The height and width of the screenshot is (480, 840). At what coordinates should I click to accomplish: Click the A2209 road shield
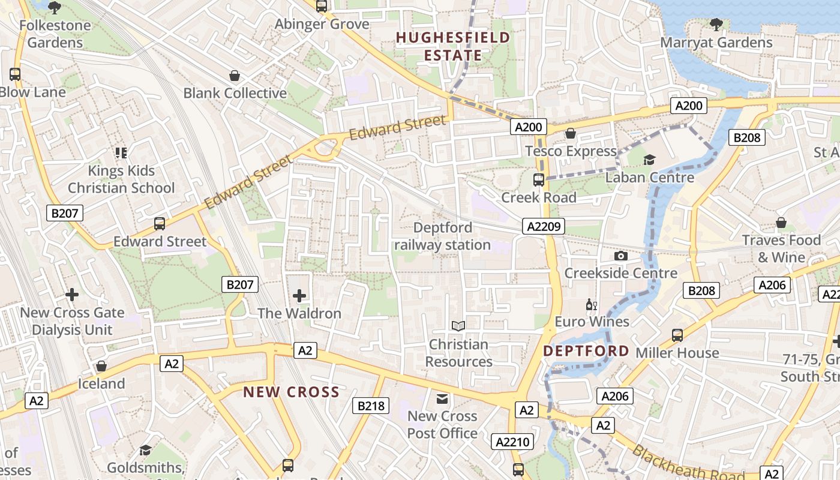tap(544, 226)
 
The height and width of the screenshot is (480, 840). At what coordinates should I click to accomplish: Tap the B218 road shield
tap(370, 406)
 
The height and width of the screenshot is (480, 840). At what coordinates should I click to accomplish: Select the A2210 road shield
tap(512, 442)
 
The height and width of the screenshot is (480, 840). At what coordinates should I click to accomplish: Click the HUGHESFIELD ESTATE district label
tap(453, 47)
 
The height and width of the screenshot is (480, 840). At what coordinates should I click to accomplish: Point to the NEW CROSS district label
tap(291, 392)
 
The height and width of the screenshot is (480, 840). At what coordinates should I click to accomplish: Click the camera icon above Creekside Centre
tap(621, 256)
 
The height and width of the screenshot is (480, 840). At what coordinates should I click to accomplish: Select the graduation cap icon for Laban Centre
tap(649, 160)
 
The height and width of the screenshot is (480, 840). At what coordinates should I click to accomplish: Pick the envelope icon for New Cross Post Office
tap(442, 398)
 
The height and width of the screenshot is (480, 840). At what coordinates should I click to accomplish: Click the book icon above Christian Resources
tap(458, 326)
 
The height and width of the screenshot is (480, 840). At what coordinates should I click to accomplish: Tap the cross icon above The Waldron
tap(299, 295)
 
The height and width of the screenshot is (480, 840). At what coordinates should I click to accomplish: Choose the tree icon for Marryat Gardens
tap(716, 24)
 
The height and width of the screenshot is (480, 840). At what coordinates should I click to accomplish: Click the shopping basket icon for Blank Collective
tap(235, 76)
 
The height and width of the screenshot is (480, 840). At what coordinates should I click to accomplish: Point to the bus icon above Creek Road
tap(539, 179)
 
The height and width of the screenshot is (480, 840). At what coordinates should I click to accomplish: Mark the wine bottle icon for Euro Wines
tap(591, 304)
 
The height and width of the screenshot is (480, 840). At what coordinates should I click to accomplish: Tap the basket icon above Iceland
tap(101, 366)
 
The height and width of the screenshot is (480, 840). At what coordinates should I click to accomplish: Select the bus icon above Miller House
tap(677, 335)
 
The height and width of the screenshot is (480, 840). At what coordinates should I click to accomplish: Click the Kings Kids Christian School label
tap(121, 179)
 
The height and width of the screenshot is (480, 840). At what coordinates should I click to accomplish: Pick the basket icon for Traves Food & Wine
tap(781, 223)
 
